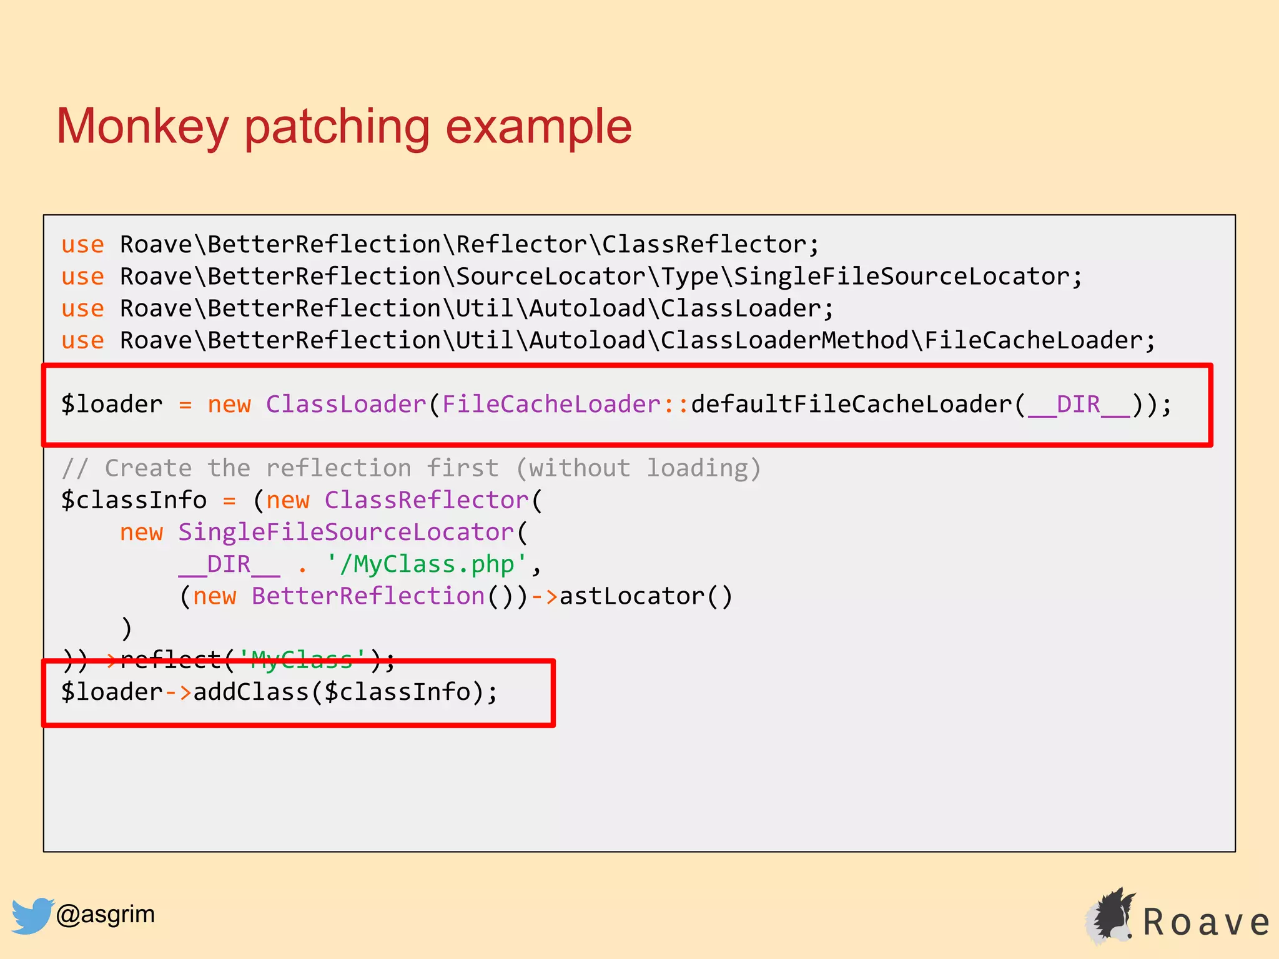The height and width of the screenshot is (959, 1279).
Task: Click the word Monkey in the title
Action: coord(142,127)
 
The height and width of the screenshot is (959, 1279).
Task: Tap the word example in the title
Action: coord(538,127)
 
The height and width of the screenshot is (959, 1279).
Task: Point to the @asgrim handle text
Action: coord(105,914)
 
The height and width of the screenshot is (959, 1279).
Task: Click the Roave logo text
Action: coord(1206,922)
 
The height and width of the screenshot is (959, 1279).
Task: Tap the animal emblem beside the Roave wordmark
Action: coord(1111,915)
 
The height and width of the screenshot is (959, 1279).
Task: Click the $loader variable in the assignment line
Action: coord(112,405)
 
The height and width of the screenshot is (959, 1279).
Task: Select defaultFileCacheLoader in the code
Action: coord(851,405)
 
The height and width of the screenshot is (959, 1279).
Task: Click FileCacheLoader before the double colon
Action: coord(551,405)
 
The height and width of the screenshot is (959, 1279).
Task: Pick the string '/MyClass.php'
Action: coord(427,564)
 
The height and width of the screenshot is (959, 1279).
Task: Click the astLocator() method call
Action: coord(646,596)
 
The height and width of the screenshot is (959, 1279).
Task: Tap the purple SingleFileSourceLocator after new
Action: coord(346,533)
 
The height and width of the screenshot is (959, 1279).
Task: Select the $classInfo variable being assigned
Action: coord(134,500)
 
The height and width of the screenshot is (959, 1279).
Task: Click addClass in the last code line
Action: coord(251,692)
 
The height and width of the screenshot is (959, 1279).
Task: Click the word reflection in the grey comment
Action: coord(338,468)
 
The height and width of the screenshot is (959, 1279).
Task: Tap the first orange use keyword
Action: coord(82,245)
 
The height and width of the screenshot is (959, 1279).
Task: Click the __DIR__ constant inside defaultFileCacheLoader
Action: coord(1079,405)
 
